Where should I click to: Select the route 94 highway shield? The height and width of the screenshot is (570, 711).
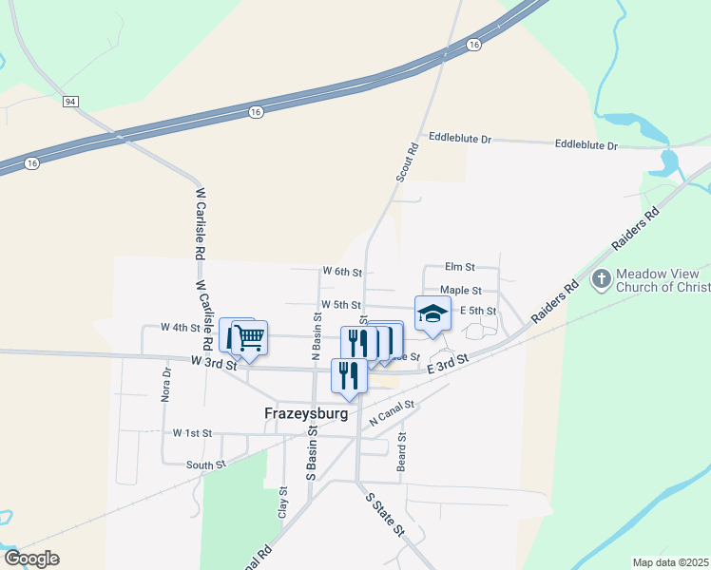[70, 101]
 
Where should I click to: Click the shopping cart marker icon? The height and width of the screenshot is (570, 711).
[249, 336]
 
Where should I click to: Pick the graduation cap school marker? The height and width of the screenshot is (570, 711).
[432, 313]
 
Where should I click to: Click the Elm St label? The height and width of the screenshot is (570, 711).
[459, 269]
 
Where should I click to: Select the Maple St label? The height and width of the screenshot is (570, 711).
[461, 291]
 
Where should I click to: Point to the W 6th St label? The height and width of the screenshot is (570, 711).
[342, 272]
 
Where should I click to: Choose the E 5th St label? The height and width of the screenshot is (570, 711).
[479, 311]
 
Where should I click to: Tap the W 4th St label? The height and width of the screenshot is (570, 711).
[181, 328]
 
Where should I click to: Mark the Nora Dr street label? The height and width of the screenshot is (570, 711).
[165, 385]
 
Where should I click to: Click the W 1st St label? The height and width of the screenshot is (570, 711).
[192, 433]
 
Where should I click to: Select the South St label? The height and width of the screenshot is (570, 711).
[206, 465]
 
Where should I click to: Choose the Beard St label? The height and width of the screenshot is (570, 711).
[402, 455]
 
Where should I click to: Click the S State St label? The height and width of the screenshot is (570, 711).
[385, 512]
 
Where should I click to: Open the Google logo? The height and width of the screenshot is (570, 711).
[31, 559]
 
